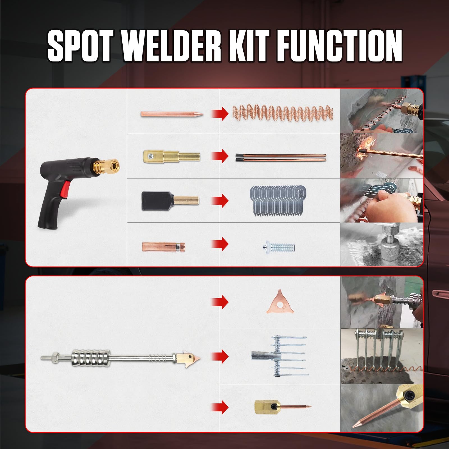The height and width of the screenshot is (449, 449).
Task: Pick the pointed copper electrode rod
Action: [171, 114]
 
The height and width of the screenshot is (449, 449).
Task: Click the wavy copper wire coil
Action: [283, 114]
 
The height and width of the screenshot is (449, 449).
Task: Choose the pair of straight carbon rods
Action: [281, 157]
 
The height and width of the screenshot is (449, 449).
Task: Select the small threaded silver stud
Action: [278, 248]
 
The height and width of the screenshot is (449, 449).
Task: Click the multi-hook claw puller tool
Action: [279, 356]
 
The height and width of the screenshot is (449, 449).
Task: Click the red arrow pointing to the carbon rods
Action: [220, 156]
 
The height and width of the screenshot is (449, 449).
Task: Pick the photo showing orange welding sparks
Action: [382, 156]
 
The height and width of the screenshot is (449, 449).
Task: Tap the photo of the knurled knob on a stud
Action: [382, 244]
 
